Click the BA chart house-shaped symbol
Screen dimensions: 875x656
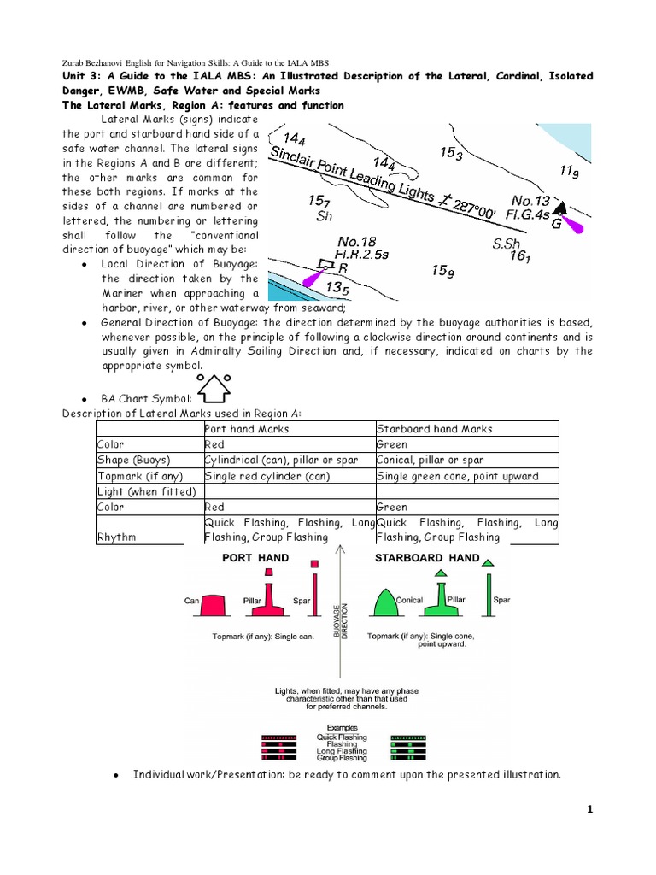(214, 387)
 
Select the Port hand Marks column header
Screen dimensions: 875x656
(247, 429)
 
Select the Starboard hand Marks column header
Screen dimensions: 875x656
(434, 429)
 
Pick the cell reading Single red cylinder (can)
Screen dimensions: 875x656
(267, 476)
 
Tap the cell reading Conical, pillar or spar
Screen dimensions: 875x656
(433, 460)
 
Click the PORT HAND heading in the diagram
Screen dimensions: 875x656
(255, 558)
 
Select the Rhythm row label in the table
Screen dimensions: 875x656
(117, 537)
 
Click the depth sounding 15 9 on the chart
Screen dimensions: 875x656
(442, 271)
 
